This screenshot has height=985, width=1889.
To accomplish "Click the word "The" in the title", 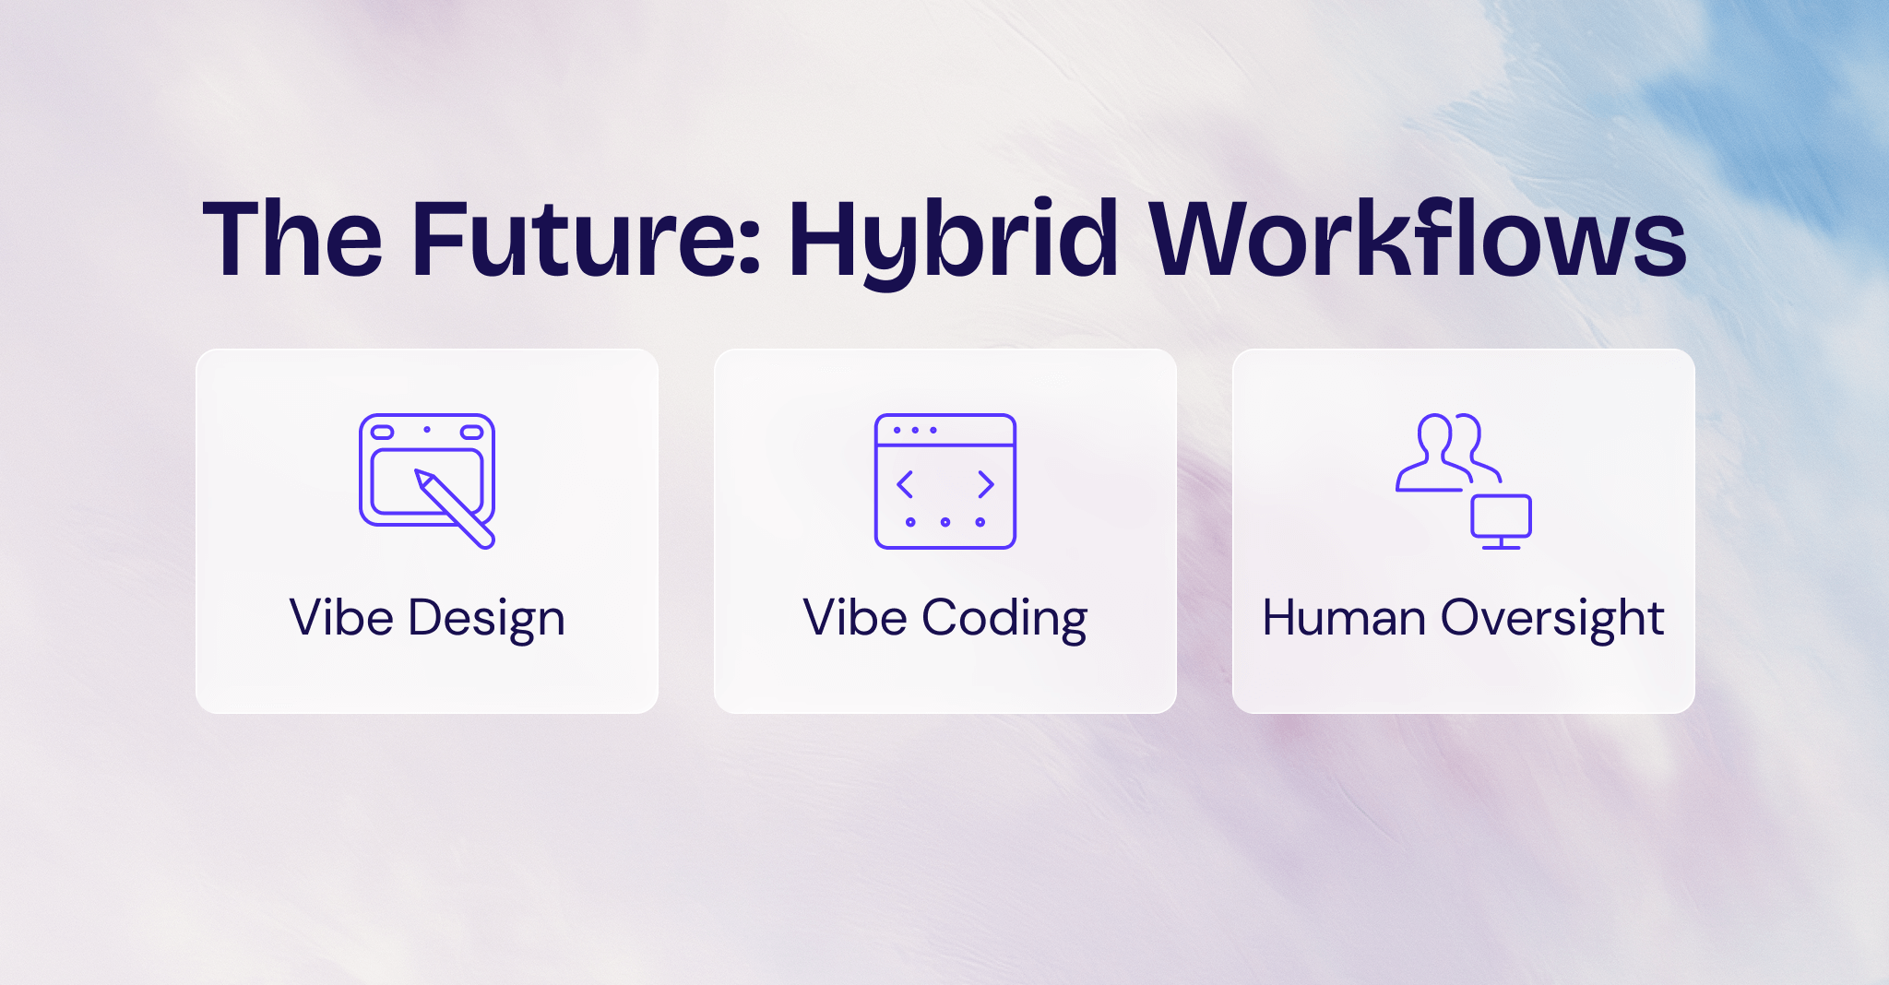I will (x=291, y=240).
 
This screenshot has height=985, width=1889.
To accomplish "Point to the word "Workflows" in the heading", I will (x=1418, y=240).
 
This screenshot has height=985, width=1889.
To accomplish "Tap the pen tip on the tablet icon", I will (x=422, y=477).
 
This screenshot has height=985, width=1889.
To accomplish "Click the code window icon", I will (x=944, y=481).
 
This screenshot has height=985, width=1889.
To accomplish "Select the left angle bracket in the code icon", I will (x=905, y=484).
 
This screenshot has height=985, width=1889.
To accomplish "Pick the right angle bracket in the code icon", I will (x=986, y=484).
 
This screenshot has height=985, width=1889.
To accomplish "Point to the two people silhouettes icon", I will (x=1446, y=452).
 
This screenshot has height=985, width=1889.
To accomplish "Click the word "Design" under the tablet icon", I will (x=486, y=618).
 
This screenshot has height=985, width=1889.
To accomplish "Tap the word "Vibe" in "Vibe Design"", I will (x=341, y=618).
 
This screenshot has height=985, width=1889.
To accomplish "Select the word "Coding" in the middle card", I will (x=1004, y=618).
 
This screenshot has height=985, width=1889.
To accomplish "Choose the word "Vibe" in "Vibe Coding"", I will (x=855, y=618).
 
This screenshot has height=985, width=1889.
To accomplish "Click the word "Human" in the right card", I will (x=1344, y=618).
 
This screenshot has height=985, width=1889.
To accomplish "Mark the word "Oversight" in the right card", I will (x=1552, y=618).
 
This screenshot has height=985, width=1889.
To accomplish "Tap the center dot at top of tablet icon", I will (x=427, y=430).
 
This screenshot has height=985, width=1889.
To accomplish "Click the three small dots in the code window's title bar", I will (x=915, y=430).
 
